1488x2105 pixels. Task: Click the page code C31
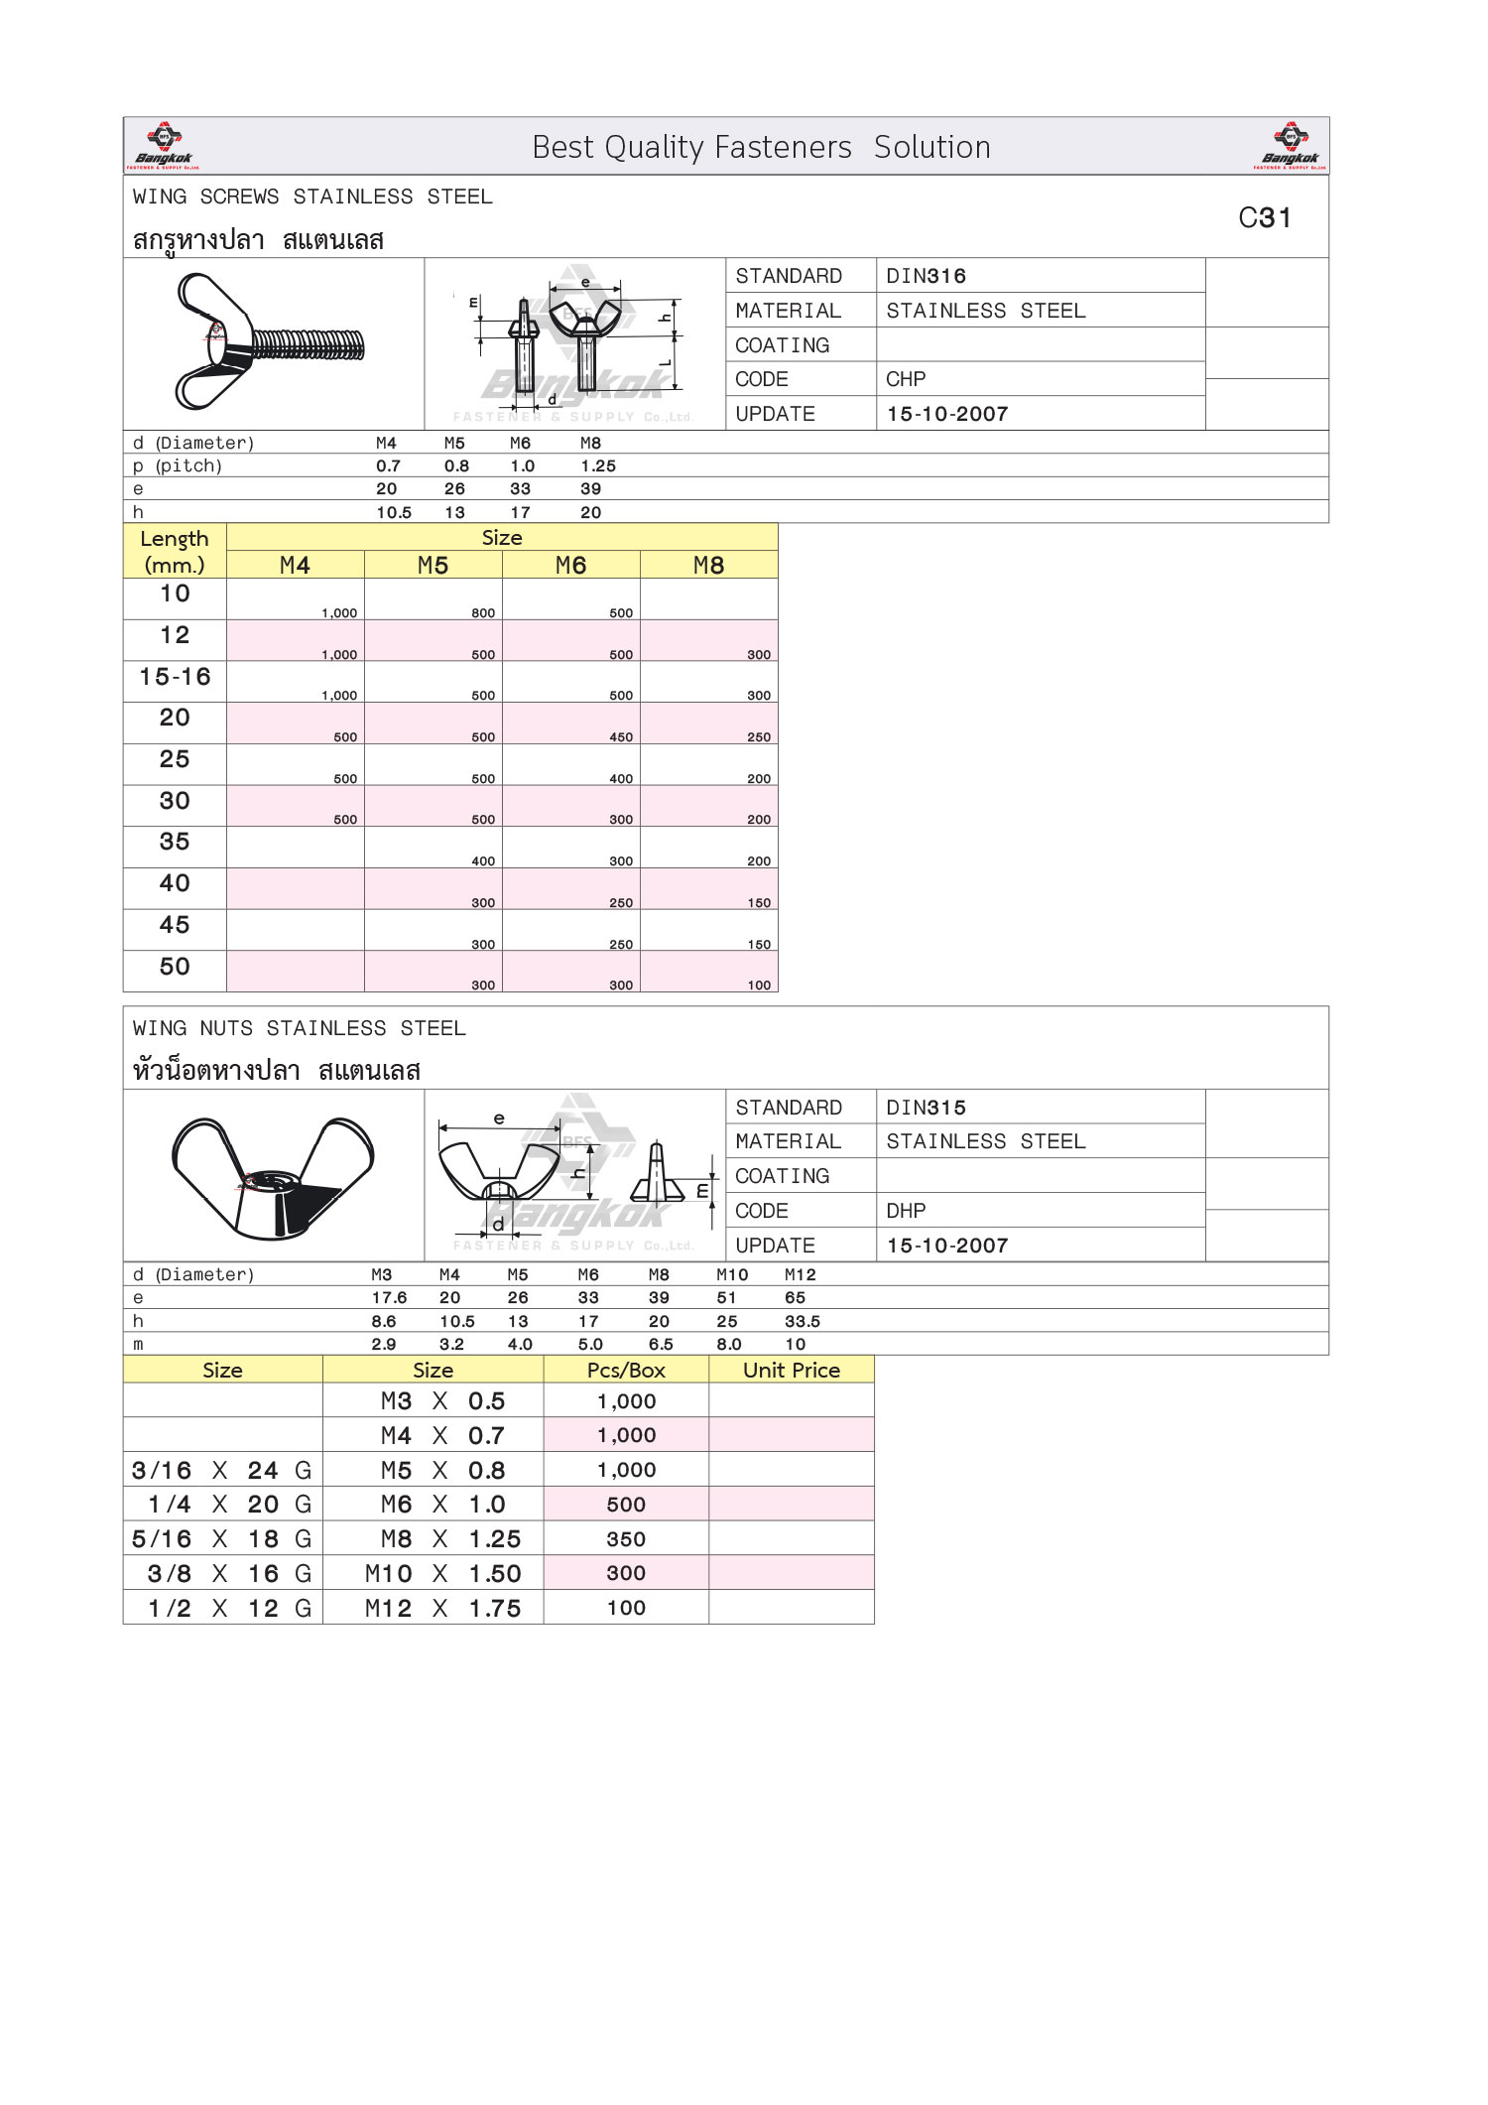pyautogui.click(x=1265, y=218)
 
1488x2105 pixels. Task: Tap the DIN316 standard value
pyautogui.click(x=926, y=276)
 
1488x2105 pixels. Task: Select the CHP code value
pyautogui.click(x=906, y=379)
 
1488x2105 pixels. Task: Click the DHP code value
pyautogui.click(x=906, y=1211)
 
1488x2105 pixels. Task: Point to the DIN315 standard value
pyautogui.click(x=926, y=1108)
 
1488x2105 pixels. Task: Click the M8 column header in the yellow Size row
pyautogui.click(x=708, y=566)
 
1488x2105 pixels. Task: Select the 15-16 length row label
pyautogui.click(x=175, y=677)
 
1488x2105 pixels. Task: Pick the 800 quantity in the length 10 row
pyautogui.click(x=483, y=613)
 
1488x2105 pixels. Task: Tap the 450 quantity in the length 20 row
pyautogui.click(x=621, y=737)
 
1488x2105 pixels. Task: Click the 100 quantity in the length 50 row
pyautogui.click(x=759, y=986)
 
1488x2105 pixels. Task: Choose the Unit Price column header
pyautogui.click(x=792, y=1371)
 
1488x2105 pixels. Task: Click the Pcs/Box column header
pyautogui.click(x=626, y=1371)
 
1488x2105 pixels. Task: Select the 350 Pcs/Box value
pyautogui.click(x=626, y=1539)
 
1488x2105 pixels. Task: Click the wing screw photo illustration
pyautogui.click(x=268, y=342)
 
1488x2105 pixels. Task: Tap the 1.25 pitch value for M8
pyautogui.click(x=598, y=466)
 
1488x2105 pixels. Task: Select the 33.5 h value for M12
pyautogui.click(x=802, y=1322)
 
